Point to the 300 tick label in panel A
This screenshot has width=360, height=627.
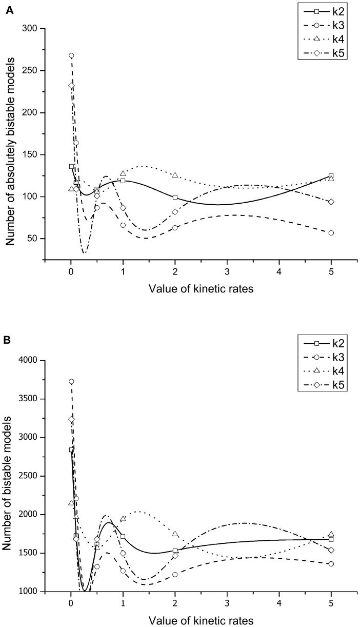tap(33, 29)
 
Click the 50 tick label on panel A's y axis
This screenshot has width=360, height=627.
tap(35, 239)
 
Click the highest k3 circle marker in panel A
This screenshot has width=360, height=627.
tap(71, 55)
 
